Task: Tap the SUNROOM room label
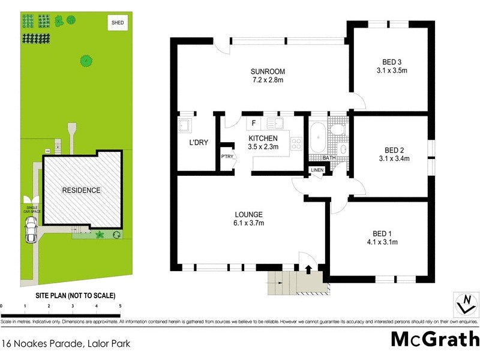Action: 267,73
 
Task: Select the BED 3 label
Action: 391,62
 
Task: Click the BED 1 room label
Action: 382,234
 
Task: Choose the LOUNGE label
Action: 248,215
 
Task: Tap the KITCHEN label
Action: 263,139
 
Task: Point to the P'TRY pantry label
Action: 227,157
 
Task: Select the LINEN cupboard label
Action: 317,170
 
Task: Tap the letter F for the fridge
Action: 254,124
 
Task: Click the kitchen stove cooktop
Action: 295,143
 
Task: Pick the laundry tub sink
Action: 184,126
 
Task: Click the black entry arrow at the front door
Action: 308,269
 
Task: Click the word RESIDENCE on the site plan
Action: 82,190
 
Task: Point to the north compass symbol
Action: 463,304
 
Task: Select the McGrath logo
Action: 435,339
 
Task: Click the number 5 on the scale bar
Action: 121,305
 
